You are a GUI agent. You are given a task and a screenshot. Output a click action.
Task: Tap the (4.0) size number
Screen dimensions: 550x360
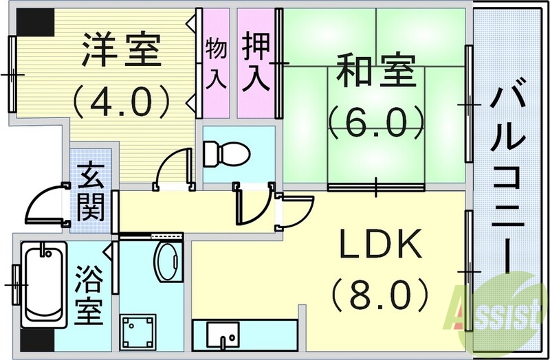(122, 100)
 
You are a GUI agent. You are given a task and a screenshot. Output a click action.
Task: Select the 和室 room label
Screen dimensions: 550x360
(375, 73)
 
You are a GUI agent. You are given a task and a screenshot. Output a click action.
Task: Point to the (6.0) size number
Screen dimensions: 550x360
(375, 124)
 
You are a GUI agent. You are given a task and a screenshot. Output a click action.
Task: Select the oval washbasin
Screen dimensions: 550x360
(166, 262)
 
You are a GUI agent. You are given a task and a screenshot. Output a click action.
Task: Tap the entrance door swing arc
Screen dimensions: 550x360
(41, 199)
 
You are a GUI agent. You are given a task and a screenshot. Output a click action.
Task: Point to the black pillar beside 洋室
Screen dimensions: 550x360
(35, 23)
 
